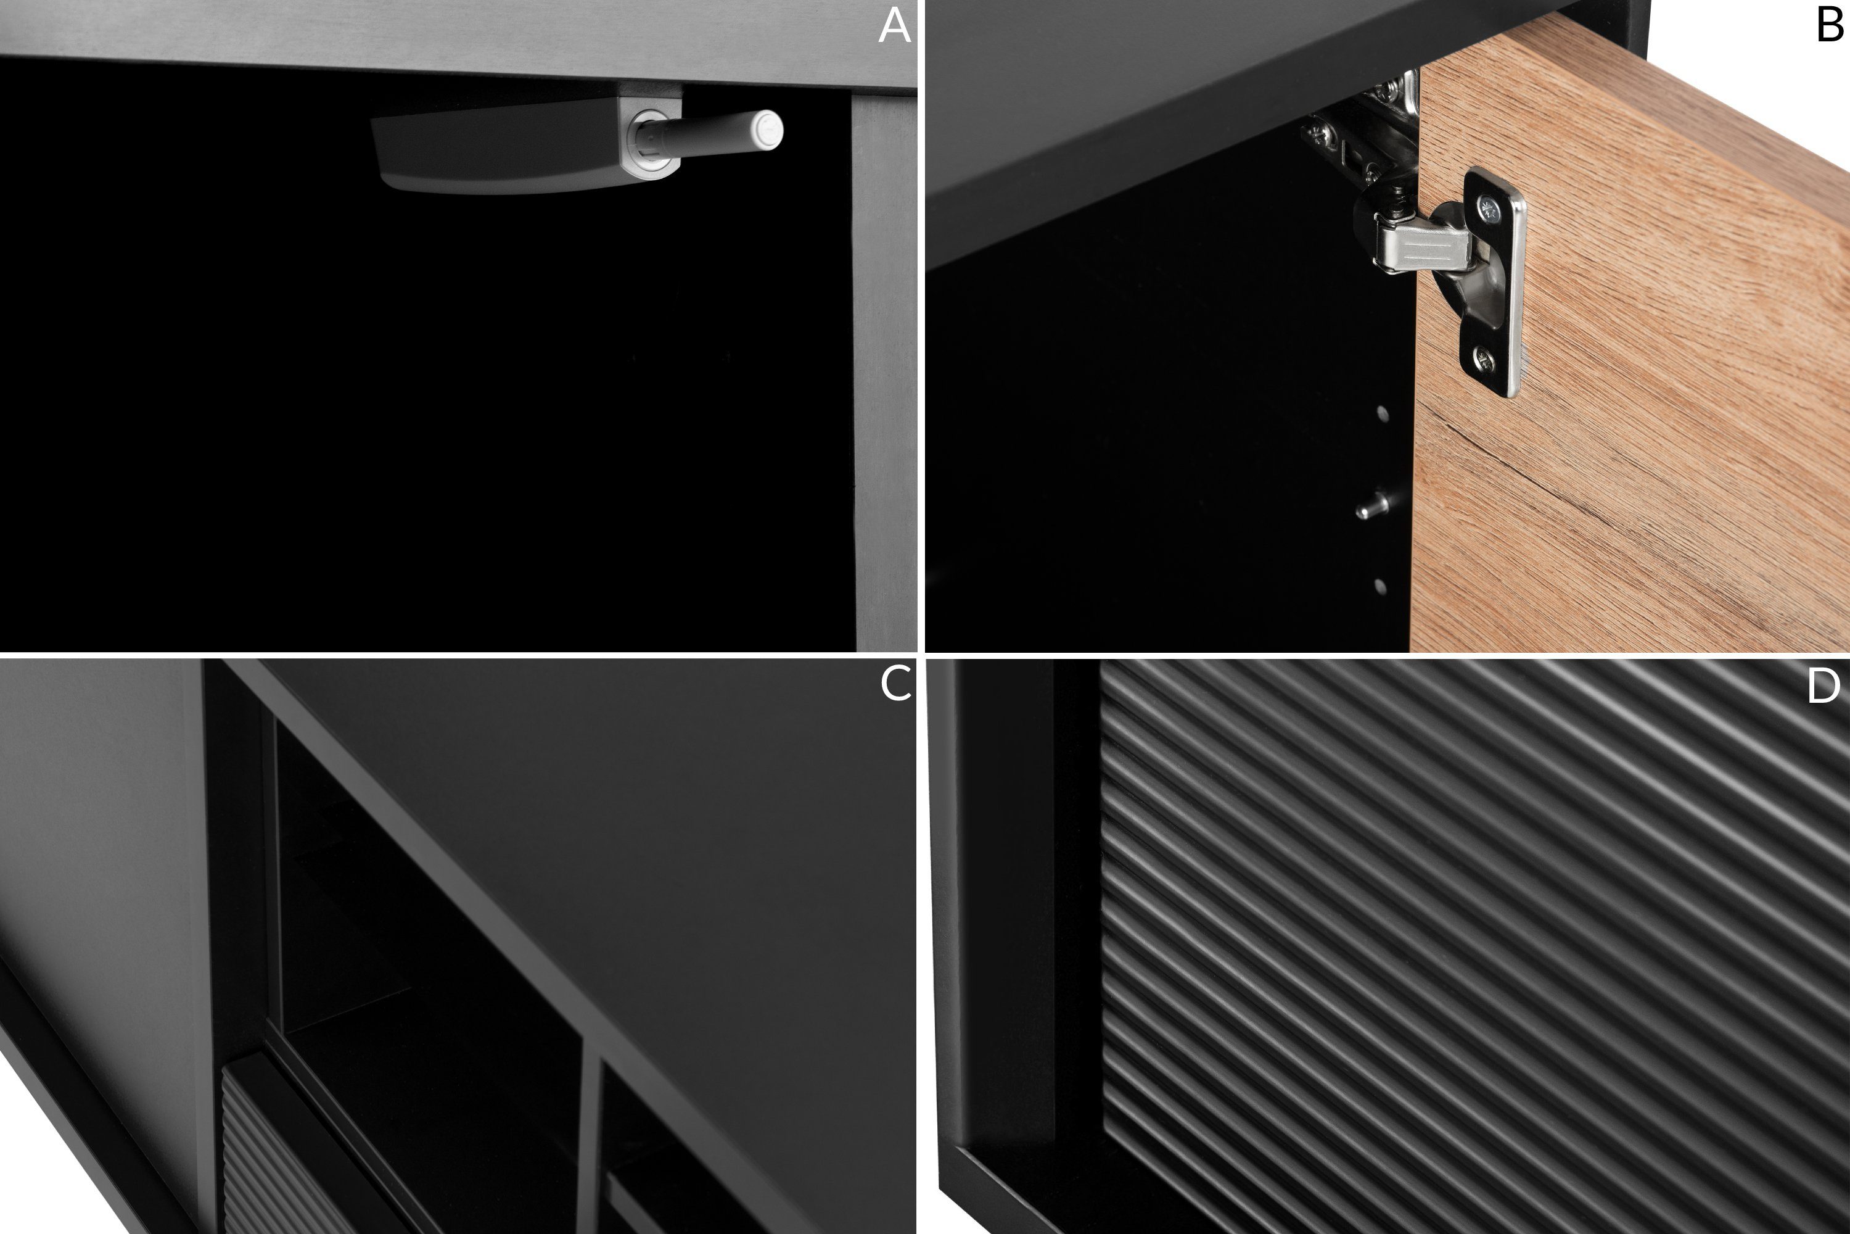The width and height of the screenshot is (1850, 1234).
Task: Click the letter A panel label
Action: click(x=894, y=26)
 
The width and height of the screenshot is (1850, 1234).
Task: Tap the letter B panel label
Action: click(x=1830, y=26)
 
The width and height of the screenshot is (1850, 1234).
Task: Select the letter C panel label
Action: click(x=895, y=683)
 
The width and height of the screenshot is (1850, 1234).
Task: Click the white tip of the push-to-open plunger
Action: click(x=767, y=130)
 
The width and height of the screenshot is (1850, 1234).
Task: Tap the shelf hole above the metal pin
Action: click(x=1382, y=413)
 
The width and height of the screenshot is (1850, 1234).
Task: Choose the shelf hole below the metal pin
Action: click(x=1379, y=586)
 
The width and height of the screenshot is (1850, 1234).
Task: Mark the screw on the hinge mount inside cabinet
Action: click(x=1315, y=134)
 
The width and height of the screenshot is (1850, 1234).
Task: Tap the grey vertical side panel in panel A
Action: click(x=885, y=370)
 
